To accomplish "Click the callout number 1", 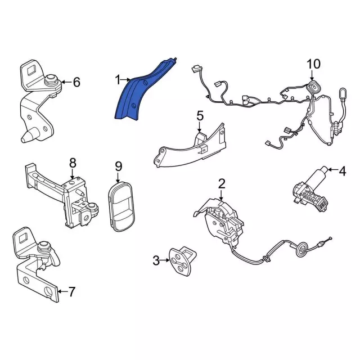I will (x=118, y=80).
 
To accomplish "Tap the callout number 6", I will (x=76, y=83).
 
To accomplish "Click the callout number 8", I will (x=72, y=163).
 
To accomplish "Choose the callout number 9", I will (x=118, y=166).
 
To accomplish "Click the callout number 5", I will (x=200, y=116).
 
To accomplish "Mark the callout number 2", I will (x=222, y=183).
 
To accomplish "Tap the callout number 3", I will (x=156, y=260).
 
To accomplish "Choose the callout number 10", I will (x=313, y=64).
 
